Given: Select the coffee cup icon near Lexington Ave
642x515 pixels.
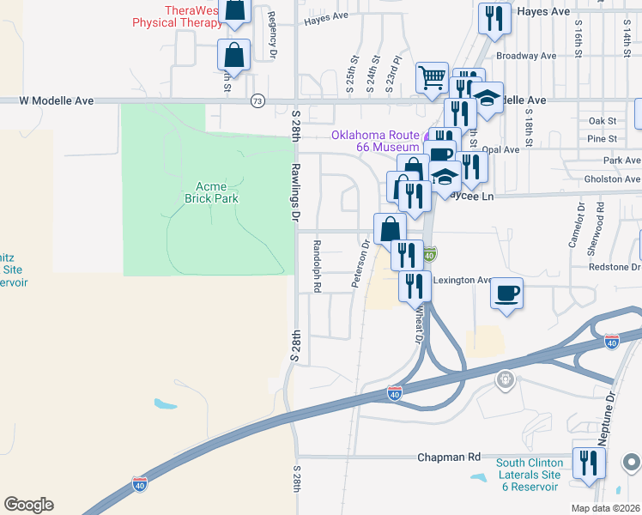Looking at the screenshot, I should coord(506,294).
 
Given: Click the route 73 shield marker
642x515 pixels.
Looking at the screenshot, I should coord(257,101).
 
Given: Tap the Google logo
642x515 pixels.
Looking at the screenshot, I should coord(28,505).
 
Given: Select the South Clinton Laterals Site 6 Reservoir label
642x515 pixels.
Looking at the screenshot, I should coord(529,475).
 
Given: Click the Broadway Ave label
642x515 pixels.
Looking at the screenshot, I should coord(526,56).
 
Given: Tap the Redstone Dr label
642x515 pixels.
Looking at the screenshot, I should coord(615,267).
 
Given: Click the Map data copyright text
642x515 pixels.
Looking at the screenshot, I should coord(606,508).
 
